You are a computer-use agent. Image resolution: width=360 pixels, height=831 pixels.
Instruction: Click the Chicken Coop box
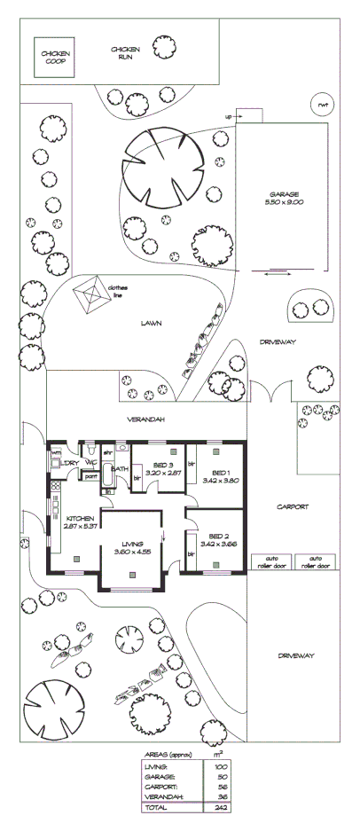pos(55,58)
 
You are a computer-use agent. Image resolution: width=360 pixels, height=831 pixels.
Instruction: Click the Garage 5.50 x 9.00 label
pos(286,199)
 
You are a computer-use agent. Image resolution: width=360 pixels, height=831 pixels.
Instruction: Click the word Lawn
pos(149,324)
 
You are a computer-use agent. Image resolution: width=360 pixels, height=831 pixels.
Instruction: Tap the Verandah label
pos(145,418)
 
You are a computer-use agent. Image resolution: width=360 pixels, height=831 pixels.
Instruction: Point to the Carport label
pos(292,507)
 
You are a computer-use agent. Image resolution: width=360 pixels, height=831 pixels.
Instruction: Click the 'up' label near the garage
pos(228,116)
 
